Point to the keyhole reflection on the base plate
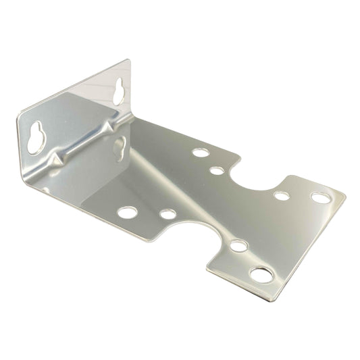(119, 147)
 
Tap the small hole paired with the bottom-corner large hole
(238, 245)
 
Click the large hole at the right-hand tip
(320, 198)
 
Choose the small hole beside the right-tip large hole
(282, 197)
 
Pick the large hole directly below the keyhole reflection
(127, 213)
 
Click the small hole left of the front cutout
(168, 214)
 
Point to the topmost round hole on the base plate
(200, 152)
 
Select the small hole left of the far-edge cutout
(216, 170)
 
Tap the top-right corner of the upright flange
(129, 61)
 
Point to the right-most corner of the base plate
(345, 197)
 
